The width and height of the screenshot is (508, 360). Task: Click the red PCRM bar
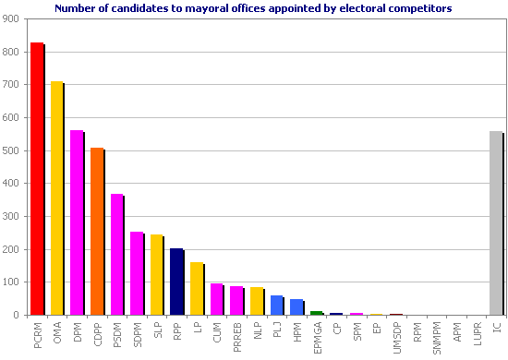pos(37,179)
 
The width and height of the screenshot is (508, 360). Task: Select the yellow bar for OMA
pos(56,198)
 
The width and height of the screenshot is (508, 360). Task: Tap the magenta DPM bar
pos(77,222)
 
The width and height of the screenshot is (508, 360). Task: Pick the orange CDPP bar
pos(97,232)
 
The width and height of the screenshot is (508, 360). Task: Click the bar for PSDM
pos(116,255)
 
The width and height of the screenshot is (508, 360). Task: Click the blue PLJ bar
pos(276,306)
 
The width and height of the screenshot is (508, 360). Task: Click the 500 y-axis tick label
pos(16,151)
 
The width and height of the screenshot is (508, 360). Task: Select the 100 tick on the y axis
pos(16,282)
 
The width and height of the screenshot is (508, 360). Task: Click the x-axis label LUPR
pos(477,333)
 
